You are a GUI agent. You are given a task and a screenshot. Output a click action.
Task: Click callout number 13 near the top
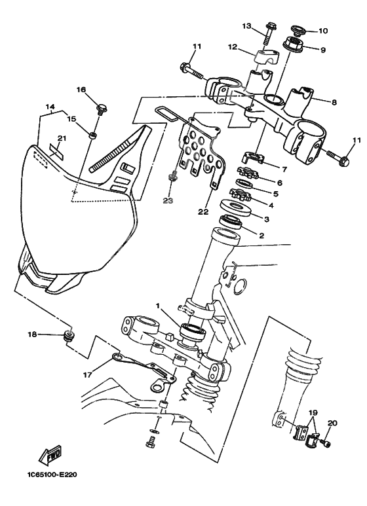point(246,26)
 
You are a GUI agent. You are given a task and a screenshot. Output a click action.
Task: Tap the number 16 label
point(81,90)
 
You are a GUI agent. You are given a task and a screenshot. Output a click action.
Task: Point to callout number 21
point(62,138)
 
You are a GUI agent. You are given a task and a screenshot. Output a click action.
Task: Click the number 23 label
point(168,201)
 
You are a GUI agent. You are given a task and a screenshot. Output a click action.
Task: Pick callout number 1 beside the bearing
point(158,306)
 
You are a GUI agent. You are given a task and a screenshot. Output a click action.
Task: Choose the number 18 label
point(32,334)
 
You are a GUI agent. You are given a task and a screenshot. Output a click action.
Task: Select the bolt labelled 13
point(270,29)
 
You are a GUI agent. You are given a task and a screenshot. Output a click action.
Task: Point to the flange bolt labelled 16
point(102,107)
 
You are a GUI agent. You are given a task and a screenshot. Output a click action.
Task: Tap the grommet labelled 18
point(68,336)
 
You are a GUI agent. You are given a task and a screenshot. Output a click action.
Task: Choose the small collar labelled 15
point(94,136)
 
